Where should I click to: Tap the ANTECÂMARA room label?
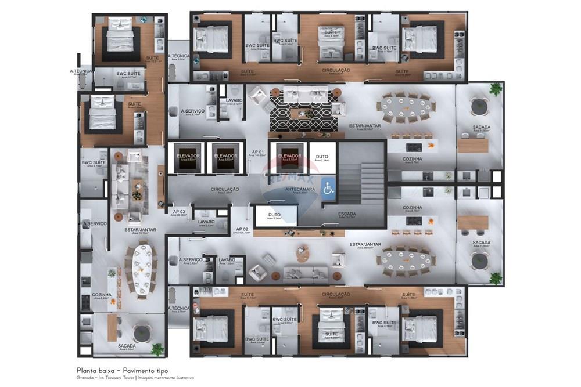[300, 189]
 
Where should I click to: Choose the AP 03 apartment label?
[179, 212]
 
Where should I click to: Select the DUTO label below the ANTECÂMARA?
[274, 215]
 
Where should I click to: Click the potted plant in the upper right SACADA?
[495, 89]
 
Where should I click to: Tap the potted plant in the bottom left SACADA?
[157, 349]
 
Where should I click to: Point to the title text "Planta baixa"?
[95, 370]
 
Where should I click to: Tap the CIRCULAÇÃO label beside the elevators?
[225, 189]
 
